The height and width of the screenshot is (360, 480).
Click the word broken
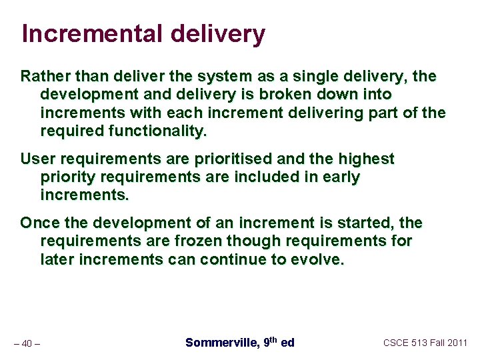[289, 95]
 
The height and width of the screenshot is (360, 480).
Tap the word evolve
[318, 259]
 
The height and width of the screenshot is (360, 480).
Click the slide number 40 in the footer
[27, 343]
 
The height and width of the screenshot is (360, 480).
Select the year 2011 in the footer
[457, 343]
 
